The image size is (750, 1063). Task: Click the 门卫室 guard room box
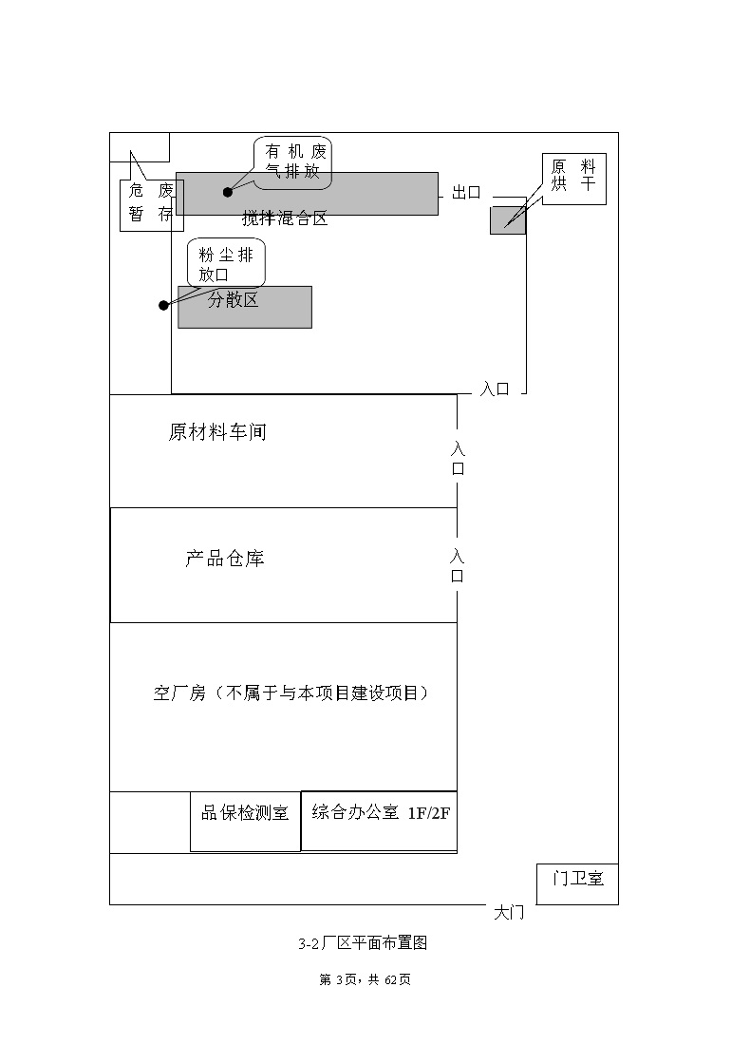(x=577, y=884)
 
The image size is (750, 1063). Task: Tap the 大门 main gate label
(x=509, y=913)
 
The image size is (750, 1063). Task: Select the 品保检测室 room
(x=245, y=821)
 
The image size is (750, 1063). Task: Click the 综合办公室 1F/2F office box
(x=379, y=821)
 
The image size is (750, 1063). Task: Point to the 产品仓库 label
(x=225, y=559)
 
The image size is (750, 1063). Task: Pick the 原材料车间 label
(x=217, y=432)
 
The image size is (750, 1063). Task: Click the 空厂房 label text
(x=179, y=693)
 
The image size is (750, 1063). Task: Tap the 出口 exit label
(x=466, y=193)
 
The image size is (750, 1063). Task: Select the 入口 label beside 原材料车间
(x=458, y=458)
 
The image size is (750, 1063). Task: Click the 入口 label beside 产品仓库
(x=458, y=566)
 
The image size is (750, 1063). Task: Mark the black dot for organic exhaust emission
(x=228, y=192)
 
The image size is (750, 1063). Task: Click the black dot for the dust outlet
(x=163, y=306)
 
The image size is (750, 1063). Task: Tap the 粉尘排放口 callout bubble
(x=226, y=263)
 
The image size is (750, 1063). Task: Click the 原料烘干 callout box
(x=573, y=179)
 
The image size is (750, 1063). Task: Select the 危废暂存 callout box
(x=152, y=205)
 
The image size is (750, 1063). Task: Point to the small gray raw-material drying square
(x=508, y=220)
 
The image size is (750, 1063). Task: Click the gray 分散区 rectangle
(x=245, y=307)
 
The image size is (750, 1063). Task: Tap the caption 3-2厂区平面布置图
(x=363, y=943)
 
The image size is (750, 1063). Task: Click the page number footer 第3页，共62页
(x=365, y=979)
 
